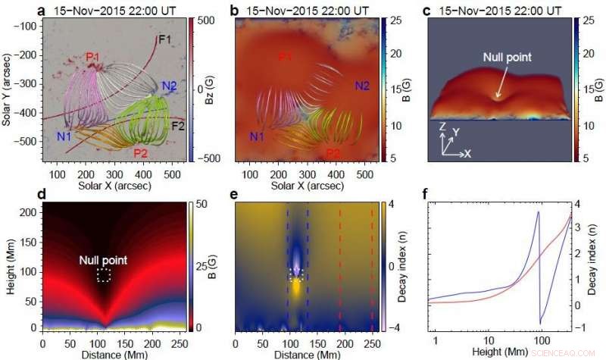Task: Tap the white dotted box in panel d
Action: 104,275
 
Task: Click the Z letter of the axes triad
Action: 442,126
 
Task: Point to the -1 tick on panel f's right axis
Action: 580,329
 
